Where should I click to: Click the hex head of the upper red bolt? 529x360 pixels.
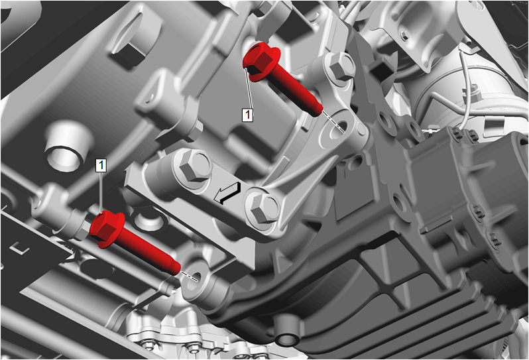click(261, 61)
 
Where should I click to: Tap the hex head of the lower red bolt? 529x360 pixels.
click(106, 229)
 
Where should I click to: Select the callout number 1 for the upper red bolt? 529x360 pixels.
click(248, 115)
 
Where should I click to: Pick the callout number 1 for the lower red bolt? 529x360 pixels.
click(101, 165)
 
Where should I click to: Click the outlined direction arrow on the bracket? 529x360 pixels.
click(228, 194)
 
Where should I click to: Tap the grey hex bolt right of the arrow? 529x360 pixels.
click(263, 208)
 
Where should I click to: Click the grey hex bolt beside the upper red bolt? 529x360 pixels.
click(341, 66)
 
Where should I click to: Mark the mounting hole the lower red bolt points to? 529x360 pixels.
click(195, 280)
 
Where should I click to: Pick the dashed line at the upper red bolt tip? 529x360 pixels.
click(333, 121)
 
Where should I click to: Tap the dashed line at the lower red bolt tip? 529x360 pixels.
click(189, 276)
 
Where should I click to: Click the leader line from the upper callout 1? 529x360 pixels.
click(248, 88)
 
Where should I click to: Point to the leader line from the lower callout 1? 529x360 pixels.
click(101, 192)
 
